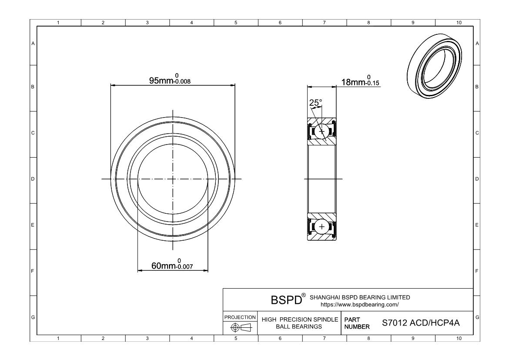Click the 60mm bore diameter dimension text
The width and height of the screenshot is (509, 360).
[163, 266]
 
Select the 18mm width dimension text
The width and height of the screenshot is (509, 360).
[353, 82]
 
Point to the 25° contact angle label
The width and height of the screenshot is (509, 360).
[315, 103]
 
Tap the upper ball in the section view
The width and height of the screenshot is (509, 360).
[322, 131]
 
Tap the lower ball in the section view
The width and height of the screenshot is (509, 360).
[322, 227]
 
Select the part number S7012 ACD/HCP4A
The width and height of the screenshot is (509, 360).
[421, 323]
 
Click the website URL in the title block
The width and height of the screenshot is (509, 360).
[359, 304]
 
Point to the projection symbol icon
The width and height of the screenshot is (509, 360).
[241, 327]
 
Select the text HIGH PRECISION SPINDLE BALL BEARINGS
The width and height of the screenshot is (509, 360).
[299, 323]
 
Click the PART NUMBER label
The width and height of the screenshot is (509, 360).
[357, 323]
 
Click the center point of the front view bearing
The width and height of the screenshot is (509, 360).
[173, 179]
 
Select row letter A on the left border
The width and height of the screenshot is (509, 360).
[33, 44]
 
